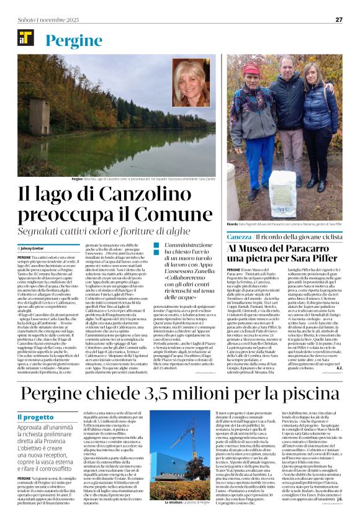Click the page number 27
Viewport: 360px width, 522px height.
(339, 19)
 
